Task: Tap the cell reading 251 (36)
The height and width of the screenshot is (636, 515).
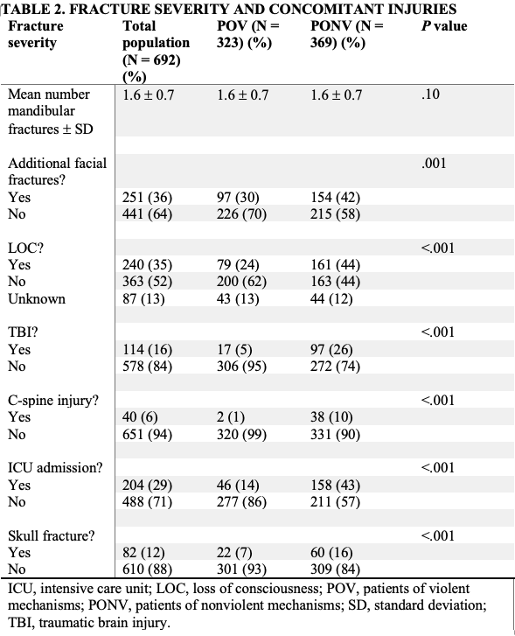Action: (x=147, y=198)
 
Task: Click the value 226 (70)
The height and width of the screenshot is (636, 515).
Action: (x=241, y=214)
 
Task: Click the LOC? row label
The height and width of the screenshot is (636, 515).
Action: (x=25, y=248)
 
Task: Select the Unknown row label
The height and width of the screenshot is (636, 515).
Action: (x=37, y=298)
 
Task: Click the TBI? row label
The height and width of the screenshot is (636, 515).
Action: (x=24, y=332)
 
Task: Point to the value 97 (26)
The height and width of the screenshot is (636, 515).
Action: (x=332, y=350)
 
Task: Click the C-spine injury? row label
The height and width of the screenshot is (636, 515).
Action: (x=53, y=401)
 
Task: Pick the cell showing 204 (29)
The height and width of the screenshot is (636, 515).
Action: (x=147, y=485)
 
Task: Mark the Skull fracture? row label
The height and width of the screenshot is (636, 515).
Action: (x=50, y=535)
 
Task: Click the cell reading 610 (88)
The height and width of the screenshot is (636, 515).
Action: (x=147, y=569)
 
